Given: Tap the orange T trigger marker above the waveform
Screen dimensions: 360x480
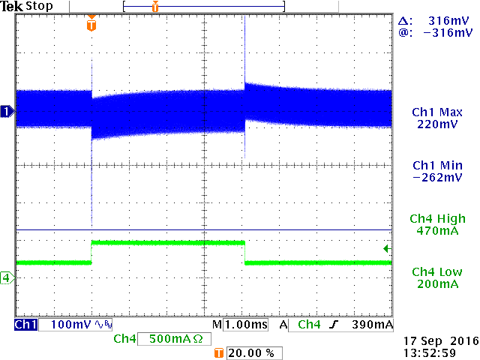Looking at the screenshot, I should (91, 25).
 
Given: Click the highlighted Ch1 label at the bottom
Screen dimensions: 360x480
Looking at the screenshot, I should (26, 325).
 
